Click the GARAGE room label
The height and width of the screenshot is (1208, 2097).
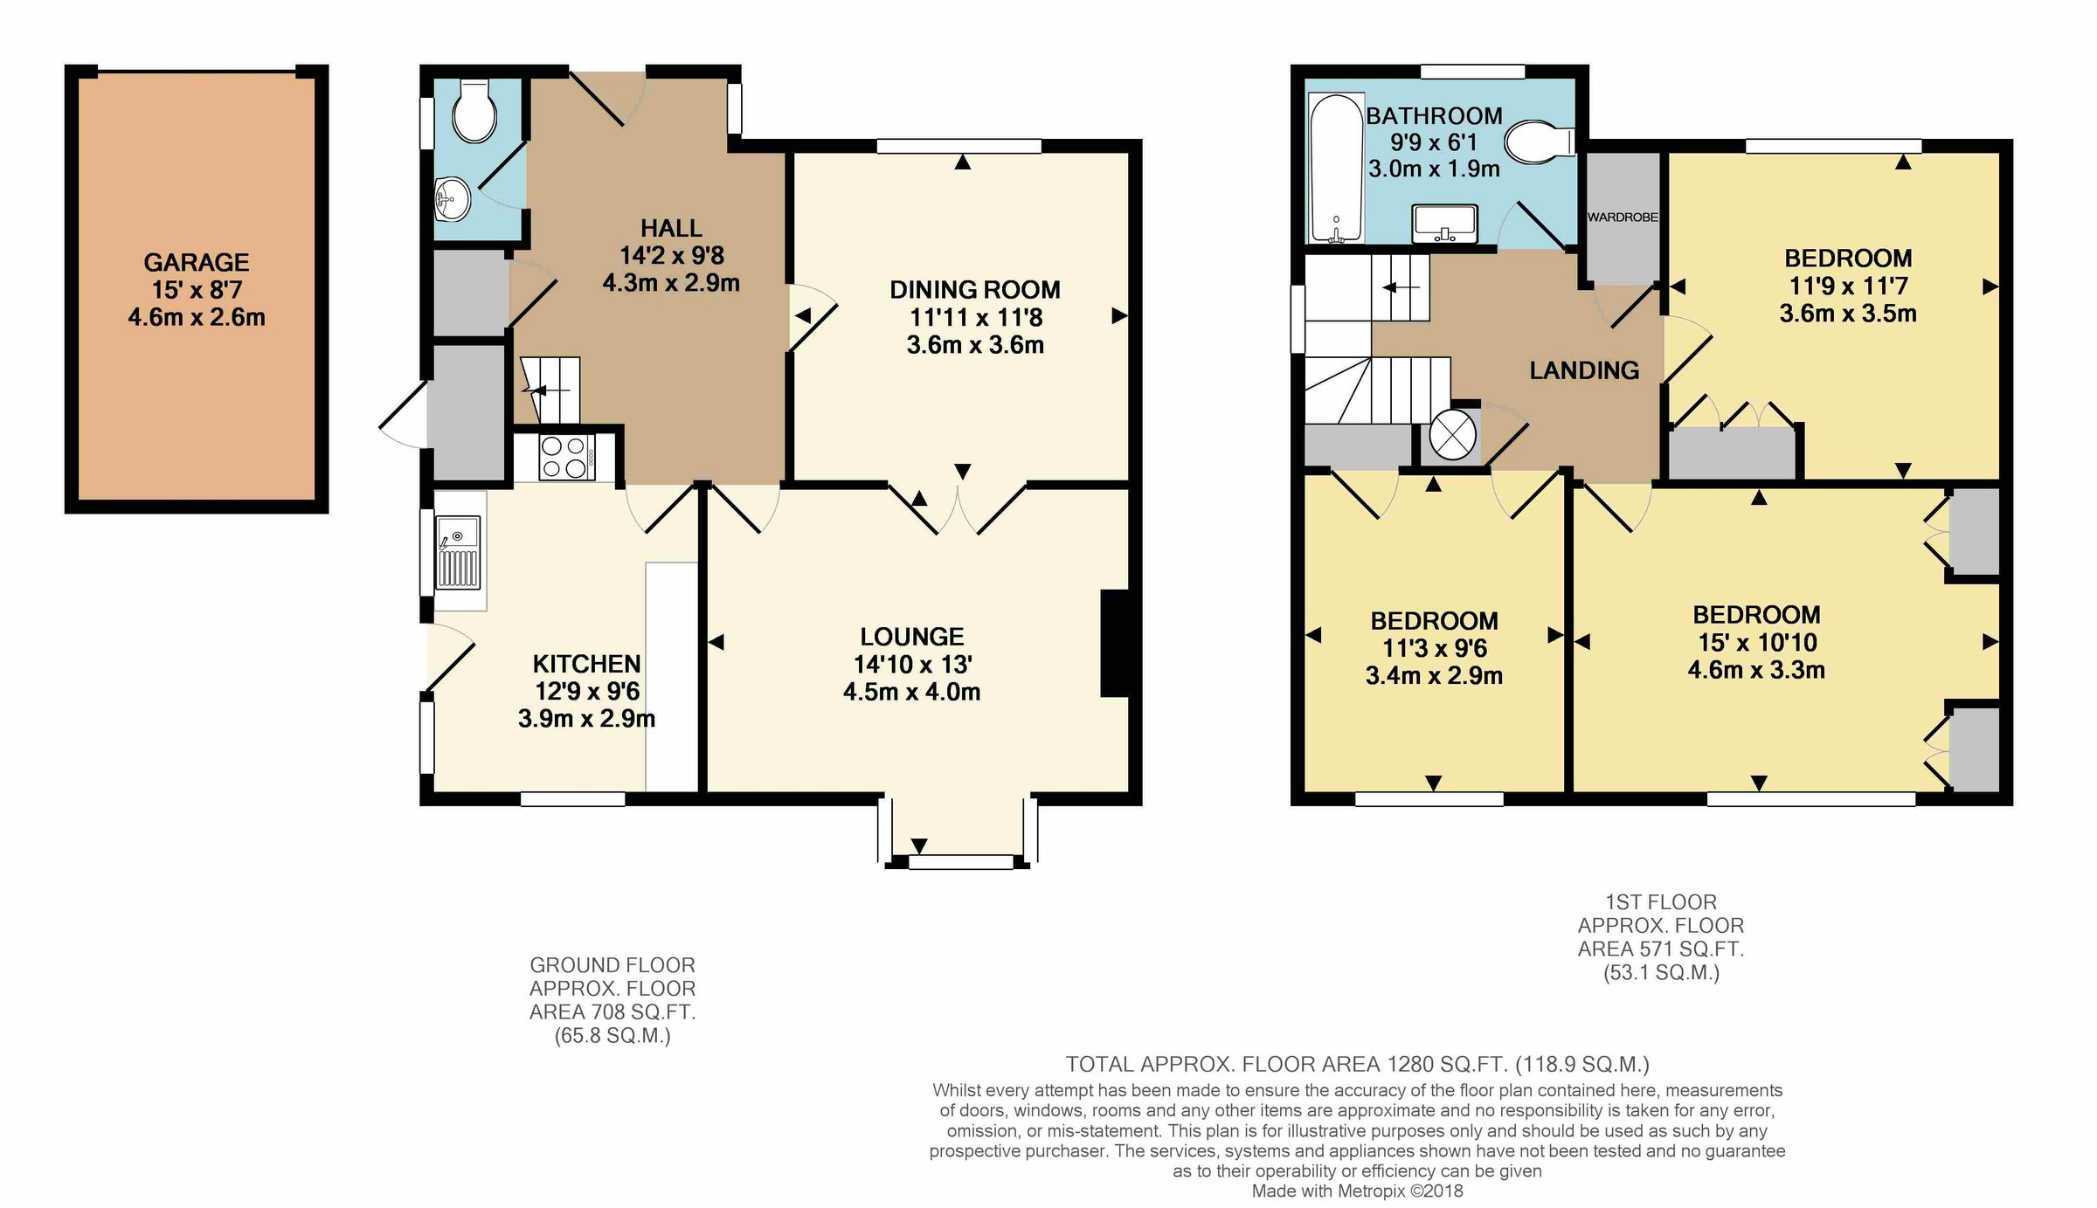click(x=196, y=262)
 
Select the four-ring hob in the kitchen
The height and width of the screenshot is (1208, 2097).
click(x=564, y=457)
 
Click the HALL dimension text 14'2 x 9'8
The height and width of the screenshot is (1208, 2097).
click(x=671, y=256)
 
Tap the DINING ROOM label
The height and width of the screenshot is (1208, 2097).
click(x=974, y=290)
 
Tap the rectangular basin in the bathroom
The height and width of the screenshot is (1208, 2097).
click(x=1444, y=224)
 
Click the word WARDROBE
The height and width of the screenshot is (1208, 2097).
click(x=1622, y=217)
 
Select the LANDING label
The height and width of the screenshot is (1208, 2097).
click(x=1583, y=370)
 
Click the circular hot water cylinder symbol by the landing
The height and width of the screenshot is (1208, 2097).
click(x=1452, y=434)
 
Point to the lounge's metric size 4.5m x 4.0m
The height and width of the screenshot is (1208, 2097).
click(x=911, y=693)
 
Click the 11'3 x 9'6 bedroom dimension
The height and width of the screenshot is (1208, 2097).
click(x=1434, y=648)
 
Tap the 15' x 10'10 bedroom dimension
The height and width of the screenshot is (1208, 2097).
click(x=1757, y=643)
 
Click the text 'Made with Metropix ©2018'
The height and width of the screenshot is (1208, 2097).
click(x=1357, y=1191)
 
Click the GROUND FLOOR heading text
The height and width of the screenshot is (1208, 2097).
click(x=612, y=965)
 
